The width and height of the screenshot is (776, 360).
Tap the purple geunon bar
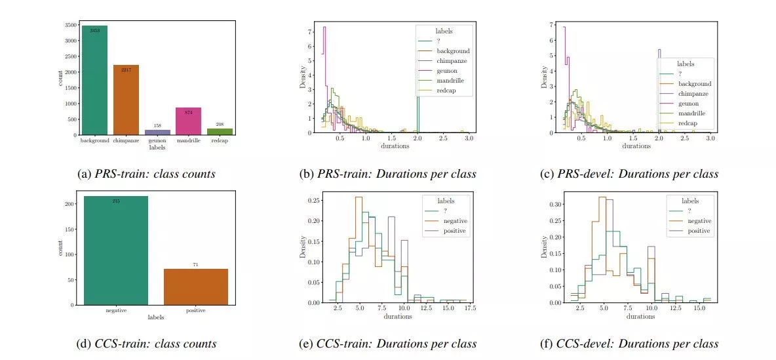[x=157, y=132]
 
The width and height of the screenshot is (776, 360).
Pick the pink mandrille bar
[x=189, y=121]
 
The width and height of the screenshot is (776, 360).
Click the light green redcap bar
[x=220, y=131]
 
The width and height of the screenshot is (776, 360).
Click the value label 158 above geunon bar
[x=157, y=125]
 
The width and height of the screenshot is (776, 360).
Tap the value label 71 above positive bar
[x=195, y=265]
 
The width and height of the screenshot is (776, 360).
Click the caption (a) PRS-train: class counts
[x=146, y=174]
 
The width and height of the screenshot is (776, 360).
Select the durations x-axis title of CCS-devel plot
[x=640, y=317]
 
